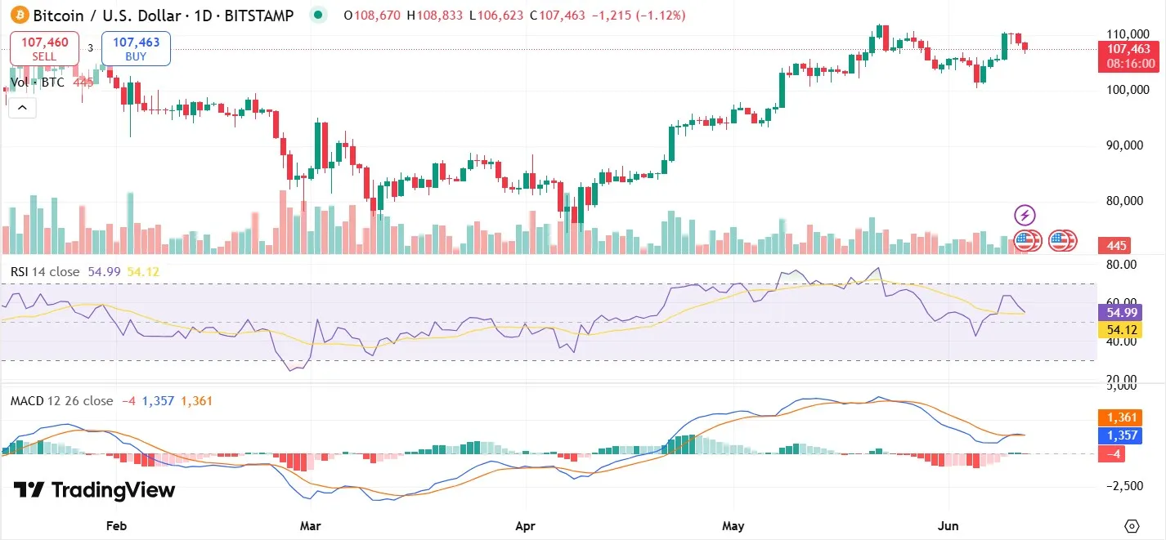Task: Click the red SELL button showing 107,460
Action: (44, 48)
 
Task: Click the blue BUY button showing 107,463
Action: (136, 48)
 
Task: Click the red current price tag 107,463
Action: (1128, 50)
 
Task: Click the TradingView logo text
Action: (95, 490)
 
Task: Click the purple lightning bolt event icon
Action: (1025, 216)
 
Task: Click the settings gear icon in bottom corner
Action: (1132, 525)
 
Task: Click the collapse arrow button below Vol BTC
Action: (22, 107)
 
